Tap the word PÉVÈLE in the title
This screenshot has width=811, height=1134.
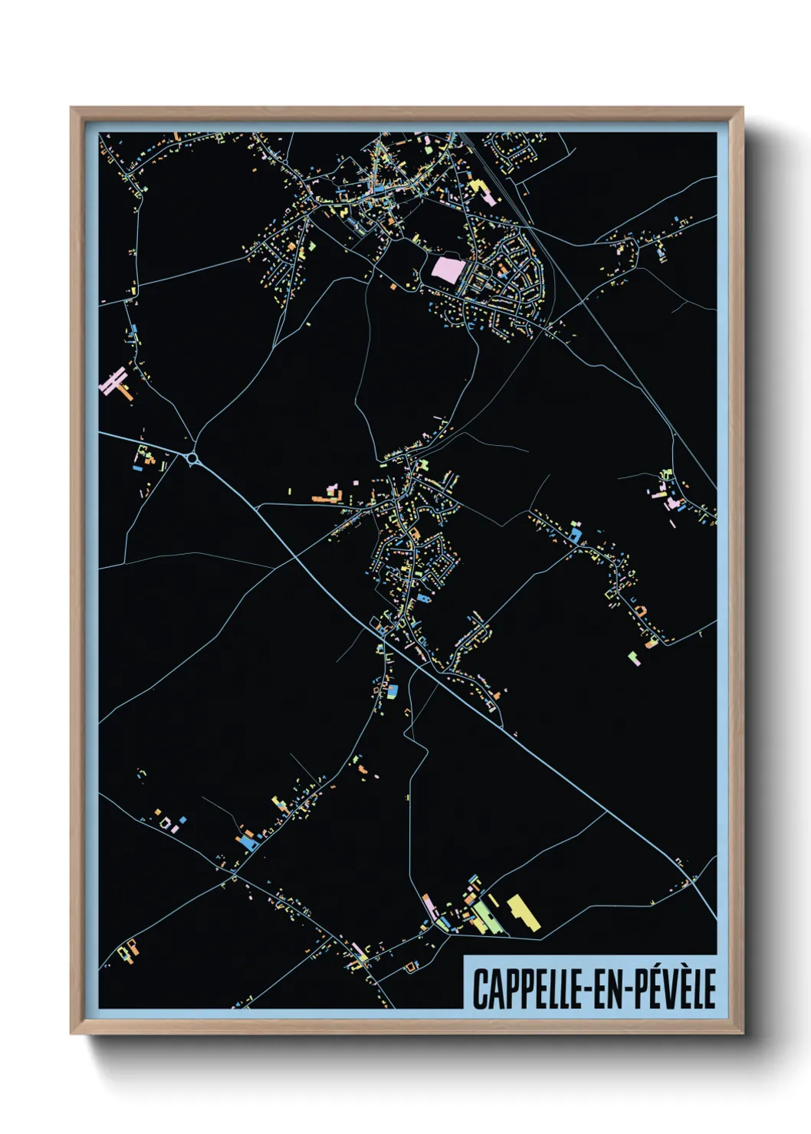click(x=674, y=988)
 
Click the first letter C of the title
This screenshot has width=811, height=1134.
click(x=478, y=988)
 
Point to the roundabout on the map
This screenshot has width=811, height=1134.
click(x=192, y=458)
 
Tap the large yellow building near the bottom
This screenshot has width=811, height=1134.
click(x=523, y=910)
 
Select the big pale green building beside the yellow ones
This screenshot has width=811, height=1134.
click(x=484, y=916)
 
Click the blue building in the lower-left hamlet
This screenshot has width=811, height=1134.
click(x=248, y=841)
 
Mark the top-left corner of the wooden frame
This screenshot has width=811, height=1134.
click(x=72, y=109)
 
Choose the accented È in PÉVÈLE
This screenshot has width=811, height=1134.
click(x=681, y=988)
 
